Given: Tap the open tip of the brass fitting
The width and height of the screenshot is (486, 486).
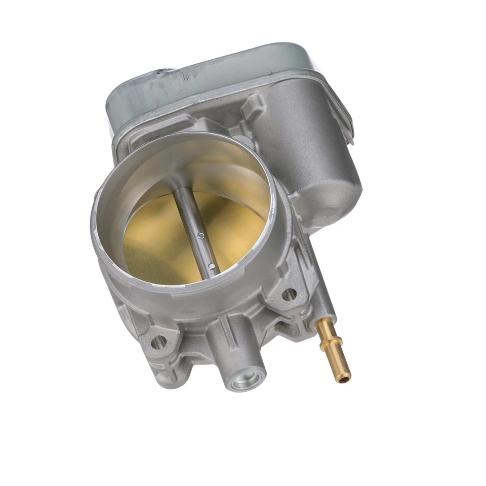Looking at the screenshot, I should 344,377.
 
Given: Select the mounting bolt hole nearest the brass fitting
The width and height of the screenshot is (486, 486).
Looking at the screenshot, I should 289,294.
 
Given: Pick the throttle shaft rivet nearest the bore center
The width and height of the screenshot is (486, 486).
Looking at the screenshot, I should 201,235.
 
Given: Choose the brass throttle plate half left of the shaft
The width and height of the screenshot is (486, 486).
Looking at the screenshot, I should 152,238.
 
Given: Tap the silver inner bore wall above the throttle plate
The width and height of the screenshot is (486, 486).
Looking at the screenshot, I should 202,162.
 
